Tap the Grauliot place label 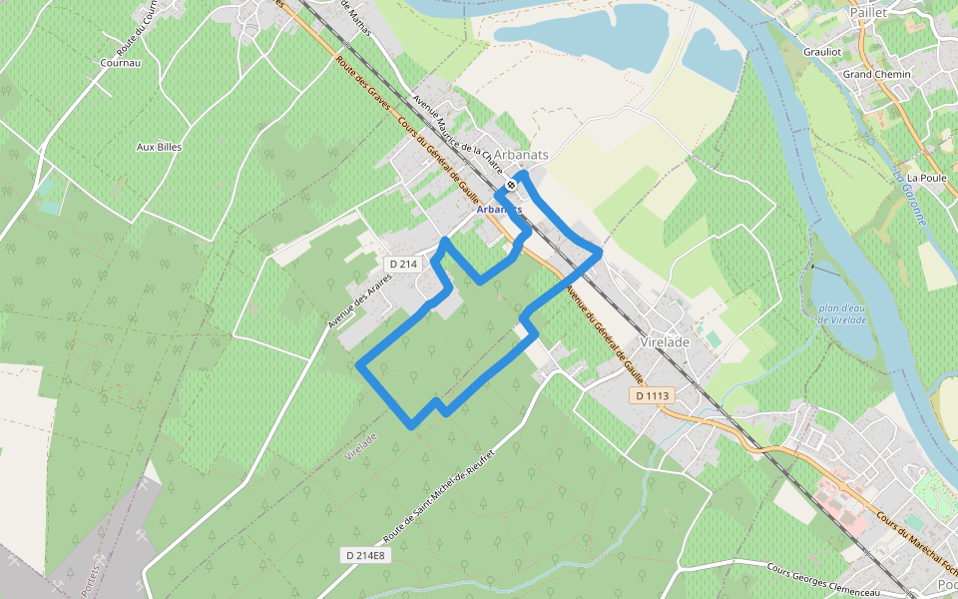[823, 52]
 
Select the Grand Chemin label [877, 74]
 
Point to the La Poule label [927, 178]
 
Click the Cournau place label [121, 62]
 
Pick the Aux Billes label [159, 147]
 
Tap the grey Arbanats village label [522, 155]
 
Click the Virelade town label [665, 341]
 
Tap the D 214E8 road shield [364, 554]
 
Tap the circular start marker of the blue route [511, 185]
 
